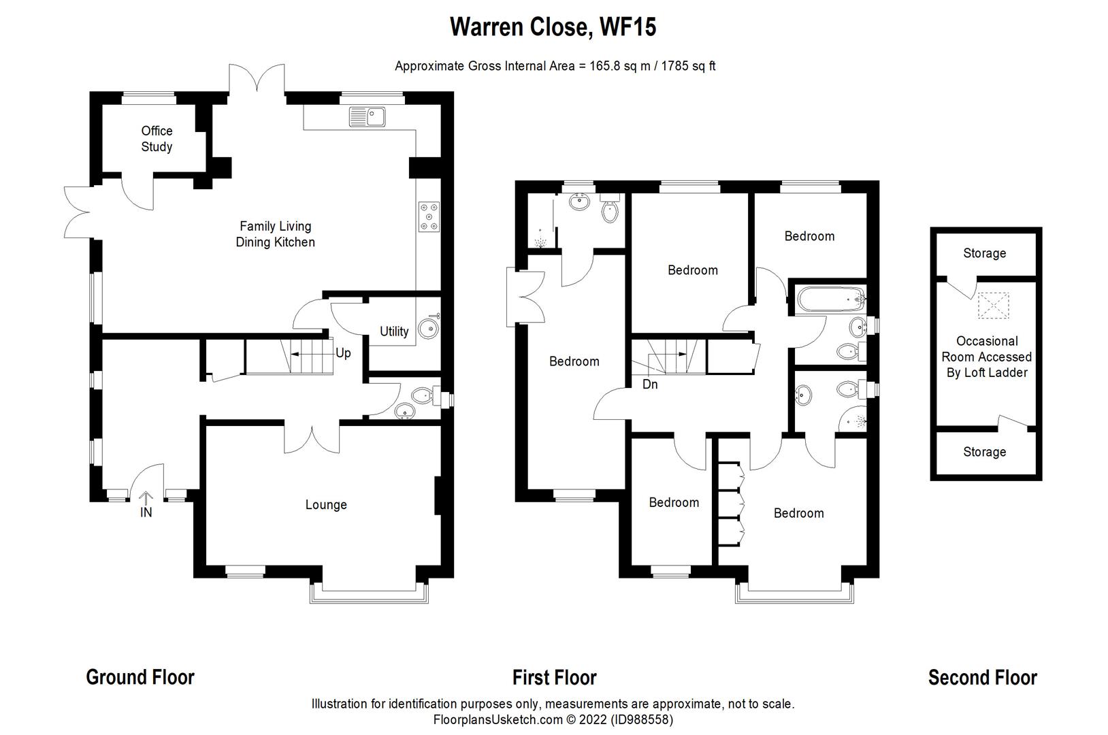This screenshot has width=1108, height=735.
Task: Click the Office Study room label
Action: coord(157,139)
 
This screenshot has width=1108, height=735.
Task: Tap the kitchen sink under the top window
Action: coord(368,117)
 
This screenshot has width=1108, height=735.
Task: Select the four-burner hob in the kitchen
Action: coord(429,216)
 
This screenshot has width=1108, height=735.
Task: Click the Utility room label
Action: coord(394,331)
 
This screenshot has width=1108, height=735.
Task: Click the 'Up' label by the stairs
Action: coord(343,353)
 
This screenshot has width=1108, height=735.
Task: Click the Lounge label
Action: coord(326,504)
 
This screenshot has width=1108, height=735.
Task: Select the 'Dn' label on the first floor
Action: coord(650,385)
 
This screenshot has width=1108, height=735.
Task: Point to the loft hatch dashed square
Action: coord(994,306)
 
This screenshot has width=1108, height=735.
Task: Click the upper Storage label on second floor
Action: coord(984,253)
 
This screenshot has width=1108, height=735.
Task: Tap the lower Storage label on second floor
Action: coord(984,452)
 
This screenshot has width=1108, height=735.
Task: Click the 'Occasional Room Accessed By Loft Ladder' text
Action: coord(986,357)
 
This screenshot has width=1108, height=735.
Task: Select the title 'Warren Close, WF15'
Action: coord(553,27)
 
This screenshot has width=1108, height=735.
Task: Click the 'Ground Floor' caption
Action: coord(140,677)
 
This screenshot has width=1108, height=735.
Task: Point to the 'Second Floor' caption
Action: coord(982,677)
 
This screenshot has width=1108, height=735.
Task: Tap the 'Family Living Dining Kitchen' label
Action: coord(275,234)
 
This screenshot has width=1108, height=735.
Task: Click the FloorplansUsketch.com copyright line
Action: coord(553,719)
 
